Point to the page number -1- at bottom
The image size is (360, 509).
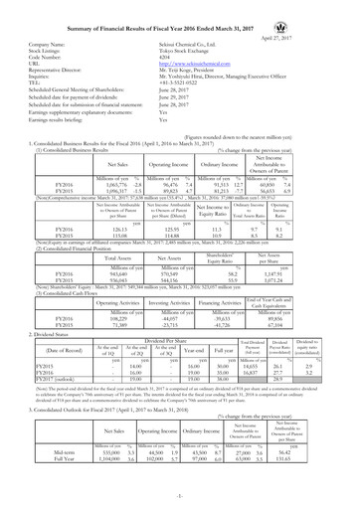point(180,503)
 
